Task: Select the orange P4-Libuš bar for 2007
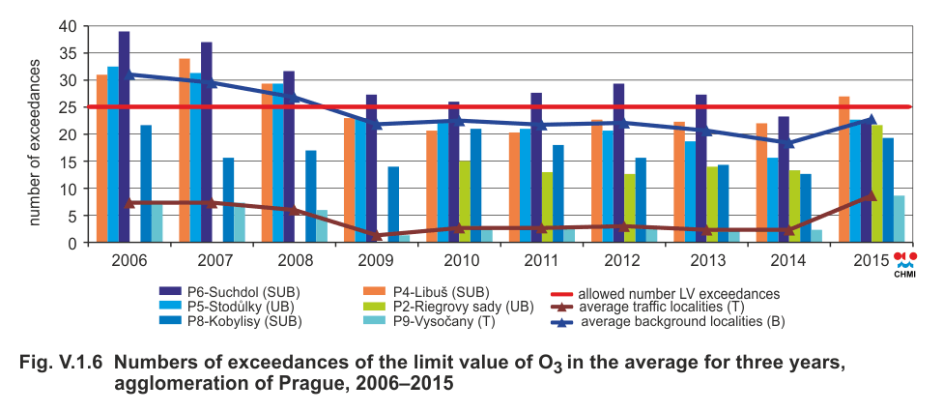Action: click(x=185, y=151)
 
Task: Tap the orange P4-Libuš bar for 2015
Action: click(x=844, y=170)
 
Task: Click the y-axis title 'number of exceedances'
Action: click(x=35, y=142)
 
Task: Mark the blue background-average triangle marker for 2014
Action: click(x=788, y=142)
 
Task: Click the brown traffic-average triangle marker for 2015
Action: click(x=872, y=195)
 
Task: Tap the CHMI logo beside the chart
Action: click(x=906, y=263)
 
